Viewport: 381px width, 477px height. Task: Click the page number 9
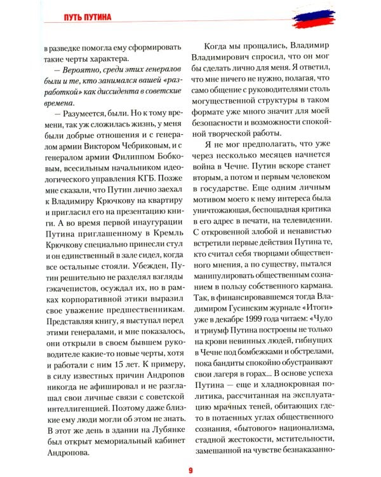190,470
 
